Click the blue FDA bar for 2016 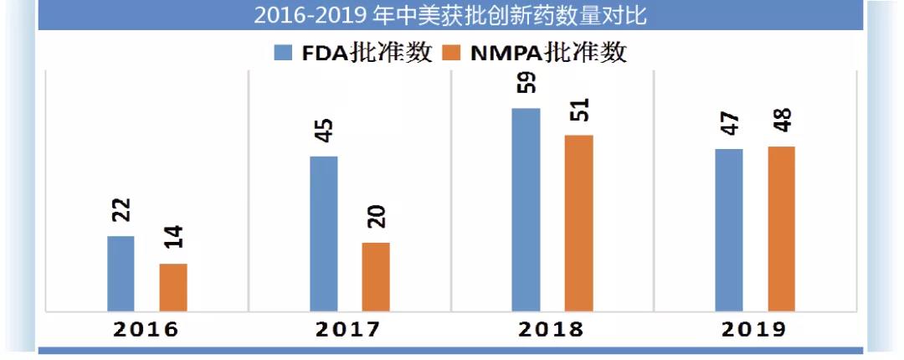click(121, 274)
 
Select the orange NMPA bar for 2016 click(173, 287)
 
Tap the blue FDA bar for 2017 click(324, 234)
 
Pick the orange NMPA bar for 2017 click(376, 277)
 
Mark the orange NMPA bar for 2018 click(578, 223)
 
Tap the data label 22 click(121, 209)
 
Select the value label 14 click(173, 238)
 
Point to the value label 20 click(376, 217)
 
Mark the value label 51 click(579, 110)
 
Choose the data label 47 click(729, 124)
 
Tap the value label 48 click(782, 121)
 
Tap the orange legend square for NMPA click(452, 53)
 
